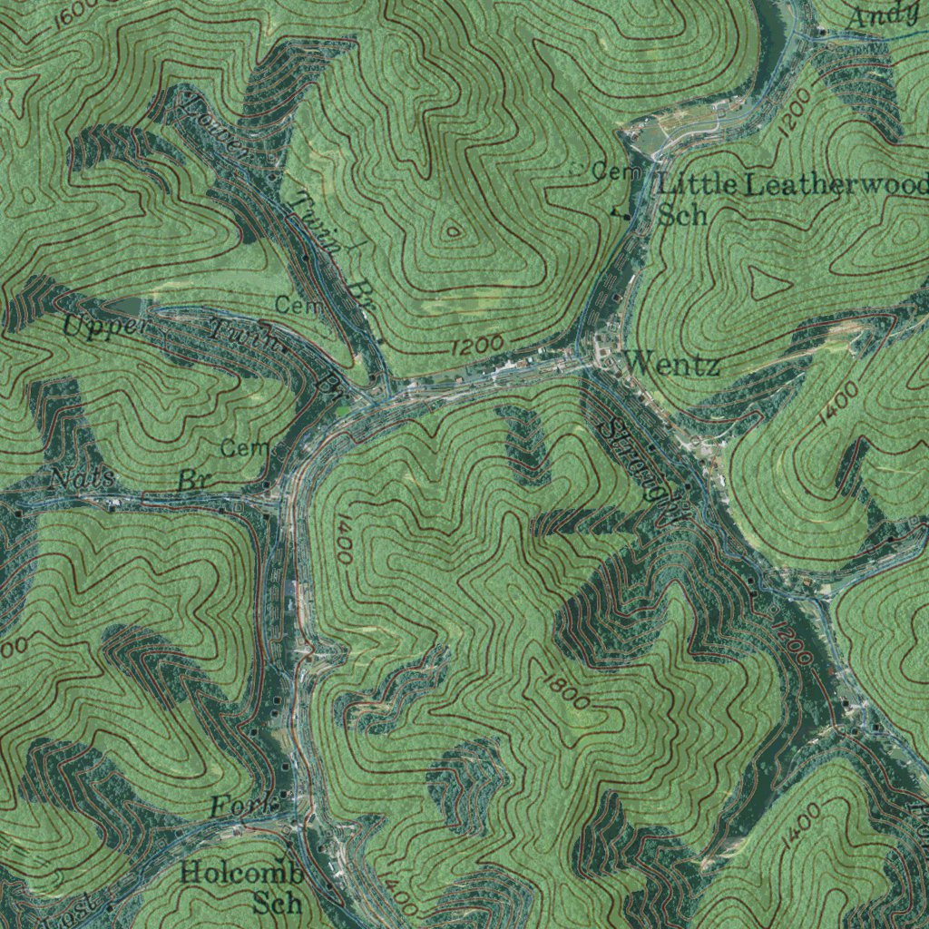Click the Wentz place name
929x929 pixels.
[672, 366]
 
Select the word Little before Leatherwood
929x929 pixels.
[697, 185]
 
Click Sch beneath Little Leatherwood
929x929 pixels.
[682, 215]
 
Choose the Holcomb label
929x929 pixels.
[240, 875]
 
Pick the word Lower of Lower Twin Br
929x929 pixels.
[219, 127]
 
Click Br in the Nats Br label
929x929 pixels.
[193, 480]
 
